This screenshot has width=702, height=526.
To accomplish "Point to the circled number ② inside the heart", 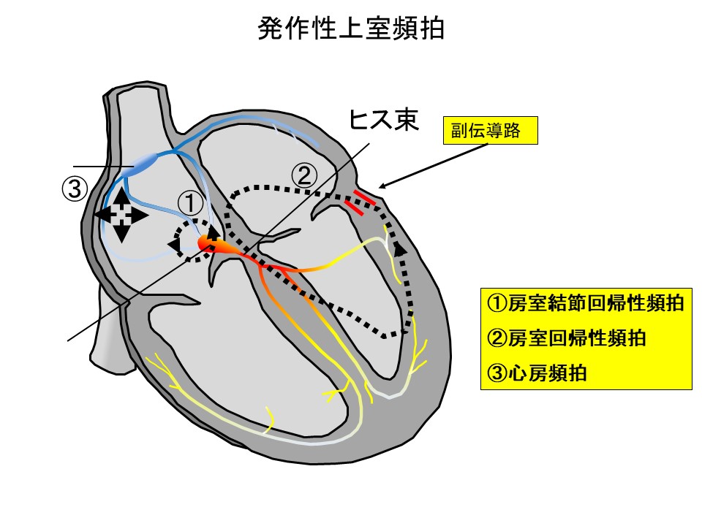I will [305, 175].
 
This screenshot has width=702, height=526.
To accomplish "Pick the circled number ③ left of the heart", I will [74, 189].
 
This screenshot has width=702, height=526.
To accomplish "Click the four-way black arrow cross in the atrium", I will [122, 214].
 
